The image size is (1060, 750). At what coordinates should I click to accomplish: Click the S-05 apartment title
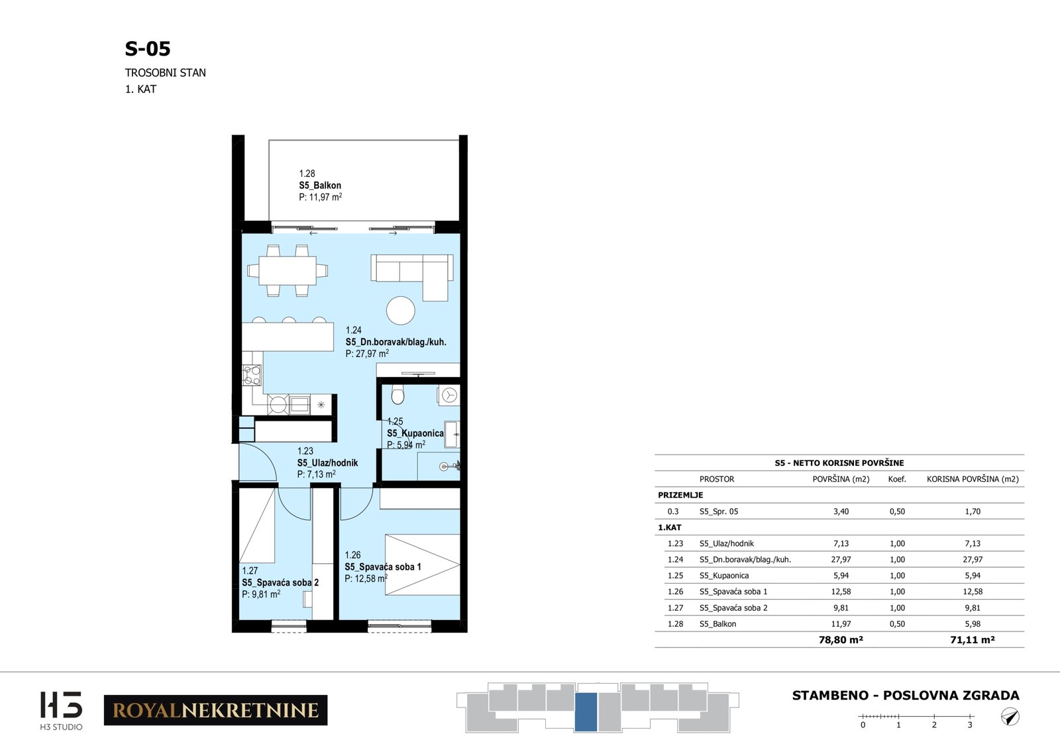coord(147,49)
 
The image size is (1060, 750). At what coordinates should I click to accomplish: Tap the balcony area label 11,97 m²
coord(321,197)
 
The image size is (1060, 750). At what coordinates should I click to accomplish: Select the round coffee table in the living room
coord(400,311)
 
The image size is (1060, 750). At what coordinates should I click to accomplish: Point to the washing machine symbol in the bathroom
coord(449,395)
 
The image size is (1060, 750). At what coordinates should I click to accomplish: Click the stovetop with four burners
coord(252,376)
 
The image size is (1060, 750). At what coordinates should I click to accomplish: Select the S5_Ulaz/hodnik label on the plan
coord(327,462)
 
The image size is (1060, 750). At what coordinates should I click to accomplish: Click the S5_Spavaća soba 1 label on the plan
coord(383,566)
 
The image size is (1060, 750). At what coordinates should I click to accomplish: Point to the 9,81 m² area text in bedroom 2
coord(261,594)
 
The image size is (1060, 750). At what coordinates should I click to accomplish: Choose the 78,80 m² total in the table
coord(841,640)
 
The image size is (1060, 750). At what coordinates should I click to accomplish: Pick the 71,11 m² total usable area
coord(973,640)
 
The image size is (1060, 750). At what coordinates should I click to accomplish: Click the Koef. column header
coord(897,479)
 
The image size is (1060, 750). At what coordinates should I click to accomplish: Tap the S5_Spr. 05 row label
coord(719,511)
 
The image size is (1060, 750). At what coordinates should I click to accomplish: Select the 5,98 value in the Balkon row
coord(973,623)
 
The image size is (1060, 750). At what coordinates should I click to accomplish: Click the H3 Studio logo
coord(61,710)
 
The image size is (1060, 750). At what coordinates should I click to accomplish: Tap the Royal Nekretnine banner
coord(216,710)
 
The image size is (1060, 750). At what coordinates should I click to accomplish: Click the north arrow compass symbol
coord(1010,717)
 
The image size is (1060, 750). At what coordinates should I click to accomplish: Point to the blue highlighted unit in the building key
coord(586,712)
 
